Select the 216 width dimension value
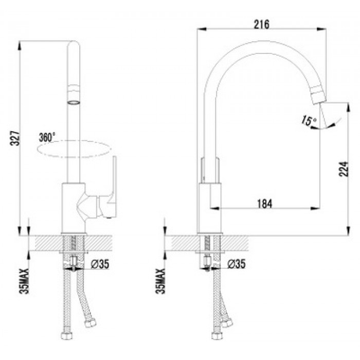261,24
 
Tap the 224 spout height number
344,169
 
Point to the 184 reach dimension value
264,204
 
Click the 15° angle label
309,120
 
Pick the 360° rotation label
47,137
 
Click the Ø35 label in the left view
100,264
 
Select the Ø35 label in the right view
236,263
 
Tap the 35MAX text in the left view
25,281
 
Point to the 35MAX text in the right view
160,281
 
